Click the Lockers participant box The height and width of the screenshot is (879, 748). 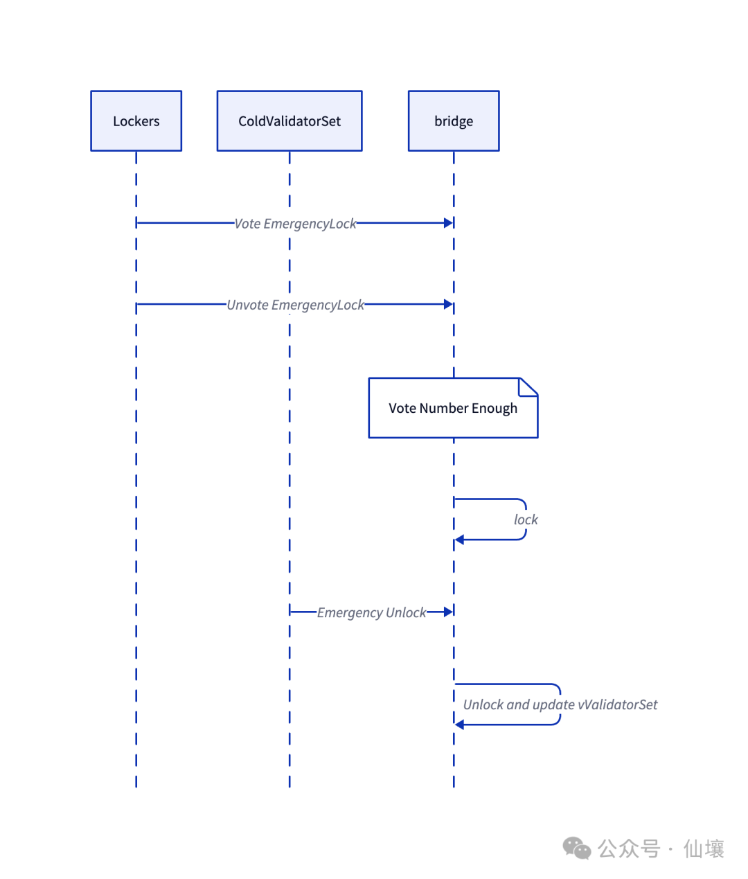click(136, 121)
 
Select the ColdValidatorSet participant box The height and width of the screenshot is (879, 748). click(290, 121)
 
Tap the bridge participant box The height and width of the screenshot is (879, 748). click(454, 121)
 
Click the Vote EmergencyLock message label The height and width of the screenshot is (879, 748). click(295, 224)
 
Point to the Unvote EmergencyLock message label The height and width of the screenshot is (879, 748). click(295, 305)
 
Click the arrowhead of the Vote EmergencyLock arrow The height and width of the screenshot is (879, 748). click(448, 223)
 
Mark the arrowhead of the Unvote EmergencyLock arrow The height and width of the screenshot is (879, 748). click(448, 304)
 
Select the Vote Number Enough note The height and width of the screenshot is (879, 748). click(453, 408)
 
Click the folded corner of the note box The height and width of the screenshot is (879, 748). click(529, 387)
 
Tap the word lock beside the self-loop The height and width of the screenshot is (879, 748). click(526, 520)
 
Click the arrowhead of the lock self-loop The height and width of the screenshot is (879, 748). click(460, 540)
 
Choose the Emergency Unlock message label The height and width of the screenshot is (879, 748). click(372, 612)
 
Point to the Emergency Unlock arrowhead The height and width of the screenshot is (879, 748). click(448, 612)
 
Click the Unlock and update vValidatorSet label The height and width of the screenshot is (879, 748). click(560, 704)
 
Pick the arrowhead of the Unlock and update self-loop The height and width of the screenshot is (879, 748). click(460, 725)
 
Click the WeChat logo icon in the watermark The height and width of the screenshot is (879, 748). click(576, 848)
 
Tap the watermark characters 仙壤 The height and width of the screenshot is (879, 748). click(704, 849)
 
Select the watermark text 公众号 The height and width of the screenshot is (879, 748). click(629, 849)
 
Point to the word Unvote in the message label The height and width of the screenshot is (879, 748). click(247, 305)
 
